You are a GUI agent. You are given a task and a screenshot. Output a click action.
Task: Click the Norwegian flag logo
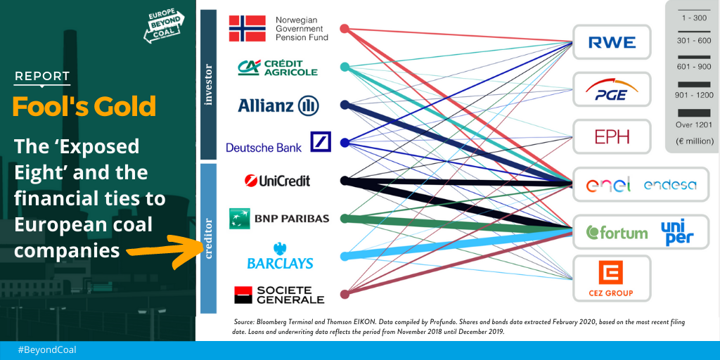coord(247,28)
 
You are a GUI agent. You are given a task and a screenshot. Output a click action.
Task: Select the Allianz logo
coord(278,105)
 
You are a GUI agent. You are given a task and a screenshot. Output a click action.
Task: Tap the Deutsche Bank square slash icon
coord(321,141)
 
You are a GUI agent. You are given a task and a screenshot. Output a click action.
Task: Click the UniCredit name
coord(277,181)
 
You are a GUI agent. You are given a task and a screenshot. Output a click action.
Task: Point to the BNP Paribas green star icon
coord(239,218)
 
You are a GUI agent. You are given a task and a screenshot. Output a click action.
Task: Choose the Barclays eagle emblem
coord(280,250)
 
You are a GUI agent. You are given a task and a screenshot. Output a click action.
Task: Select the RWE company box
coord(612,42)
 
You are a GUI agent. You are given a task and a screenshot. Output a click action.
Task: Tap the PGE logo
coord(612,90)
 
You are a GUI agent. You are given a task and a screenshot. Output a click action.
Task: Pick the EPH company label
coord(612,137)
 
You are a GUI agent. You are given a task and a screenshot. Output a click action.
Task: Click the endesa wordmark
coord(670,185)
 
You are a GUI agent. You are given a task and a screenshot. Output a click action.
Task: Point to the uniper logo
coord(677,233)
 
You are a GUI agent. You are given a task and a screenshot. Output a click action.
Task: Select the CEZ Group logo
coord(611,278)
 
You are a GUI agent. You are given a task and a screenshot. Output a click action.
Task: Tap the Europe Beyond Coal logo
coord(164,26)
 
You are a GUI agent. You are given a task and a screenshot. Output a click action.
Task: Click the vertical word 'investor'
coord(209,85)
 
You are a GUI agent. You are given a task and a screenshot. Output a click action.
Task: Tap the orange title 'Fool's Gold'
coord(84,107)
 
